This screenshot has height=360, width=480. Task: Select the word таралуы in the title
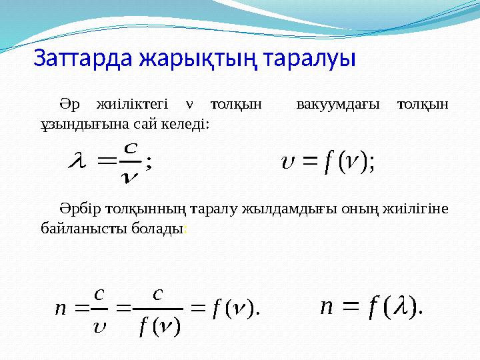tap(310, 57)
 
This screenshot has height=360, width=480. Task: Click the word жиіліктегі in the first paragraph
tap(132, 105)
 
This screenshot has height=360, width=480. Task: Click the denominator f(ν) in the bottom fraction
tap(158, 327)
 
